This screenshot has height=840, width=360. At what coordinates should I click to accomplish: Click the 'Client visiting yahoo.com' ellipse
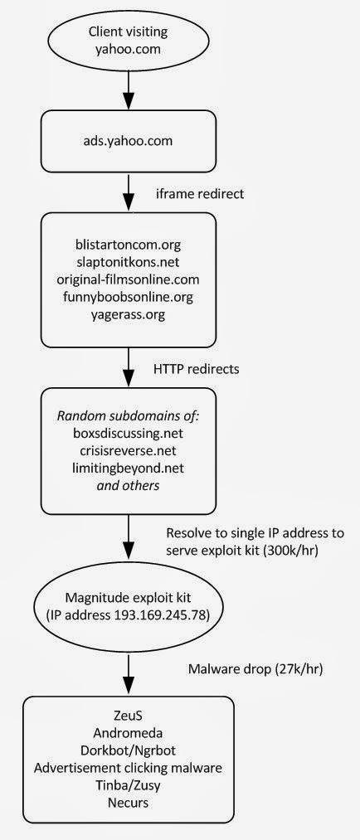[x=128, y=39]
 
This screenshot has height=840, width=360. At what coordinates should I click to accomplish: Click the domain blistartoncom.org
[x=128, y=245]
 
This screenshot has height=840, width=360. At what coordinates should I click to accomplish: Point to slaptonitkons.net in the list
[x=128, y=263]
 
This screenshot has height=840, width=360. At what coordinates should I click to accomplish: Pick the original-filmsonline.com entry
[x=128, y=279]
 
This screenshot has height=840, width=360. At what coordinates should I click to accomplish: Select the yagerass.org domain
[x=128, y=314]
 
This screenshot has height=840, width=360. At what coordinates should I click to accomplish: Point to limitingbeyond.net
[x=128, y=469]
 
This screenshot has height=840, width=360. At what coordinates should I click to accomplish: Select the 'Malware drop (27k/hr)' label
[x=255, y=668]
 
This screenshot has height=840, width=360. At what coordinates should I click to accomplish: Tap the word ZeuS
[x=128, y=716]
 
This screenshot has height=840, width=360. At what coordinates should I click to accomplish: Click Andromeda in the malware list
[x=128, y=733]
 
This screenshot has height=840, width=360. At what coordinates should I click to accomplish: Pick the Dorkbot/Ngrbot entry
[x=128, y=750]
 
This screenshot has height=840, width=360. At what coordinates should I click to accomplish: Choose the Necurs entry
[x=128, y=802]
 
